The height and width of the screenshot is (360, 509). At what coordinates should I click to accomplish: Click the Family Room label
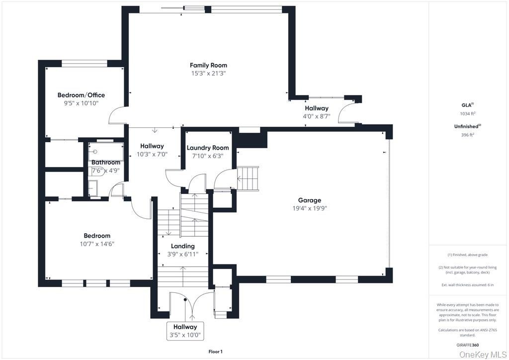pyautogui.click(x=208, y=65)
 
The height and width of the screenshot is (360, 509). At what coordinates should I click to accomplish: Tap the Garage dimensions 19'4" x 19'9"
pyautogui.click(x=310, y=208)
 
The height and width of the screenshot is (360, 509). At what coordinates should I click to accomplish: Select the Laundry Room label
pyautogui.click(x=208, y=148)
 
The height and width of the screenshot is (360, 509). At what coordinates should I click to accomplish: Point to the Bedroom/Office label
pyautogui.click(x=81, y=95)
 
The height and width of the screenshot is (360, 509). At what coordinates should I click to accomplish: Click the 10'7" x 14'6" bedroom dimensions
pyautogui.click(x=97, y=244)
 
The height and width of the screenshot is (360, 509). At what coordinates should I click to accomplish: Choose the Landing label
pyautogui.click(x=183, y=246)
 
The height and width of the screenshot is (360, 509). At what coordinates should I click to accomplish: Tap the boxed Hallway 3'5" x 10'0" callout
pyautogui.click(x=185, y=331)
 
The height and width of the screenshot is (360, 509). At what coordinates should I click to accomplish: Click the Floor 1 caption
pyautogui.click(x=215, y=352)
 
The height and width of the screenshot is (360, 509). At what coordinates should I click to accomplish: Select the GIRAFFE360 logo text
pyautogui.click(x=467, y=345)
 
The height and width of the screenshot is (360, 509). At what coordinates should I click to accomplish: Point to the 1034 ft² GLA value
pyautogui.click(x=468, y=113)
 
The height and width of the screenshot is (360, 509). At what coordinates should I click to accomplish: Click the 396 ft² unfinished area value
pyautogui.click(x=468, y=135)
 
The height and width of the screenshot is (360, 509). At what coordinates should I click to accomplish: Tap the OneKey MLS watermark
pyautogui.click(x=482, y=355)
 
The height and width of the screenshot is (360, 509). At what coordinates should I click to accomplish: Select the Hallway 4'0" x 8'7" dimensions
pyautogui.click(x=317, y=116)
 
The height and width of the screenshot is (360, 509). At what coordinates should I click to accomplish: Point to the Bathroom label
pyautogui.click(x=106, y=162)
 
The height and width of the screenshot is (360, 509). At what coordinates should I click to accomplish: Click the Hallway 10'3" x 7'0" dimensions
pyautogui.click(x=152, y=155)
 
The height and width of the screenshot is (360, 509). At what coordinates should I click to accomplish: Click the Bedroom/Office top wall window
pyautogui.click(x=85, y=64)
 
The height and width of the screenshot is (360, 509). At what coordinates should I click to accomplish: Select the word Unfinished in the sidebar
pyautogui.click(x=466, y=127)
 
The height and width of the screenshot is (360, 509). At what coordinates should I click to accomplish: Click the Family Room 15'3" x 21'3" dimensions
pyautogui.click(x=208, y=74)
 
